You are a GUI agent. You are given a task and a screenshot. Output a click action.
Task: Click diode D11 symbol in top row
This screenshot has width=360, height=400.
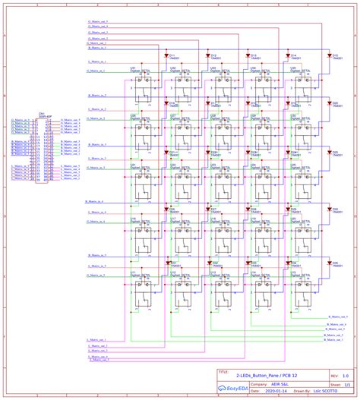pos(167,55)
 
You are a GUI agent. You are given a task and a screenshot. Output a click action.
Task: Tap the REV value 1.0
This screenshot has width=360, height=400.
pos(346,375)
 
